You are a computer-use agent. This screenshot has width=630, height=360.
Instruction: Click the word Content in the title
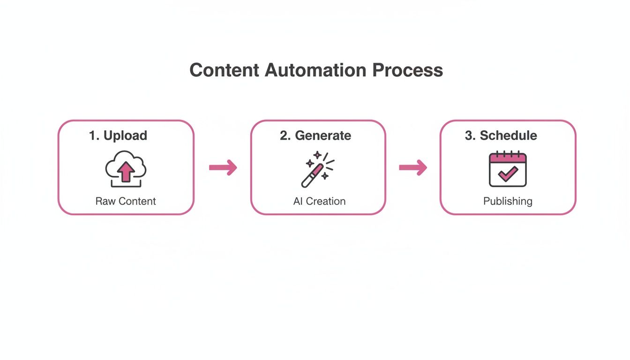click(x=224, y=70)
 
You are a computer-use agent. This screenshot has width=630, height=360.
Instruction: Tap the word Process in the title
click(x=408, y=70)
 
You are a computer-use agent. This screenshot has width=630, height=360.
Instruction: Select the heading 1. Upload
click(x=118, y=135)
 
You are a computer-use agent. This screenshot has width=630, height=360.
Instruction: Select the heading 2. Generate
click(x=315, y=135)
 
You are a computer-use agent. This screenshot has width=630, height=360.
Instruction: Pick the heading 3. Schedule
click(x=501, y=135)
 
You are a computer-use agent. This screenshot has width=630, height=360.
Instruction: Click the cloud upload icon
click(x=125, y=169)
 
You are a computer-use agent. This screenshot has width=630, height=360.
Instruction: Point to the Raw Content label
click(x=126, y=201)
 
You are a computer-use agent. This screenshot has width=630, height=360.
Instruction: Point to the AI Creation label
click(x=319, y=201)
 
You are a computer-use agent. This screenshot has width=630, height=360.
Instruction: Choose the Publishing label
click(x=508, y=201)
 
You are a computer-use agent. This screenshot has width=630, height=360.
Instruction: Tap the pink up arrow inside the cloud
click(x=126, y=172)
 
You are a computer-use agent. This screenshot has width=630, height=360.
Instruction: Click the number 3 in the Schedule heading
click(x=469, y=135)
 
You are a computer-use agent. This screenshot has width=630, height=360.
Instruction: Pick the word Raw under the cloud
click(x=105, y=201)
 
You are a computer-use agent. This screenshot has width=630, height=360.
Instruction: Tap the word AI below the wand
click(x=298, y=201)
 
